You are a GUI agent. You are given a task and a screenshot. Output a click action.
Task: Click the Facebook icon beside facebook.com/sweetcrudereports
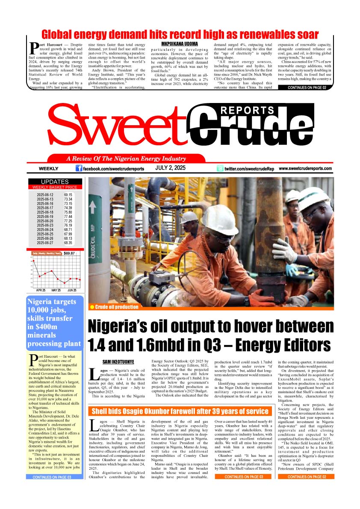tap(79, 168)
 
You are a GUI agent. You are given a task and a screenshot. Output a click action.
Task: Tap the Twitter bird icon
tap(220, 169)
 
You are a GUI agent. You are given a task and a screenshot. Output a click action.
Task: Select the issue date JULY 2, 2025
tap(170, 168)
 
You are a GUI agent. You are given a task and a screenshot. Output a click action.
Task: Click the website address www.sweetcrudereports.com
tap(305, 169)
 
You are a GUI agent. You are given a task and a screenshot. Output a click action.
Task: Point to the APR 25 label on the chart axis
tap(41, 290)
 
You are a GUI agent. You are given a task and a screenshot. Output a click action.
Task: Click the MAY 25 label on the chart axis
tap(56, 290)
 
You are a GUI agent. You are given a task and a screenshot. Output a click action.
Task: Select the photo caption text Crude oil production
tap(116, 307)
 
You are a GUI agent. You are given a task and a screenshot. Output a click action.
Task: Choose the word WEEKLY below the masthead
tap(48, 169)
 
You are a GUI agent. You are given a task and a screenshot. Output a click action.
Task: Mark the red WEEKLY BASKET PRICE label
tap(55, 187)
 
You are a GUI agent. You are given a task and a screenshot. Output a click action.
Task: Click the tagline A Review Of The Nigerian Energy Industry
tap(126, 159)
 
